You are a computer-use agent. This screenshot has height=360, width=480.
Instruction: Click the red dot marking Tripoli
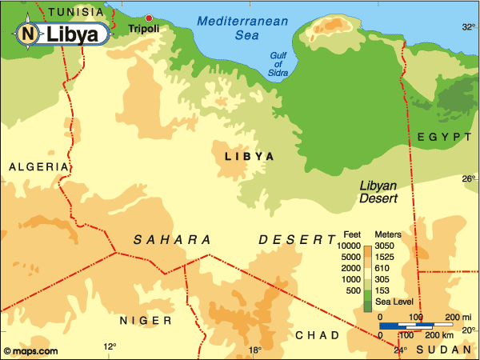pos(147,17)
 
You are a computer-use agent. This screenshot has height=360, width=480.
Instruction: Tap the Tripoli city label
pos(143,29)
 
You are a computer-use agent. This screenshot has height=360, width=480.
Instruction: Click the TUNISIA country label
pos(76,12)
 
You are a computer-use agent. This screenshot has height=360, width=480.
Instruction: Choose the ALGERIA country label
pos(38,166)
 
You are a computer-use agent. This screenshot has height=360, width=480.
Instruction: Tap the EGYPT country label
pos(445,138)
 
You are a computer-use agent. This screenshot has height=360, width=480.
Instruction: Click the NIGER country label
pos(146,320)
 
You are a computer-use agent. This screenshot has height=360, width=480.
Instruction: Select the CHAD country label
pos(318,334)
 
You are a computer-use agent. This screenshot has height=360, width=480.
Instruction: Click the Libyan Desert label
pos(380,190)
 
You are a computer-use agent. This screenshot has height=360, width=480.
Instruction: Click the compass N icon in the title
pos(28,34)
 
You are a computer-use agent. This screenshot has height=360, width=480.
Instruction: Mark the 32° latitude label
pos(469,26)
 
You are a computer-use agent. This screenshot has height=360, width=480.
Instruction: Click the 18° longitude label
pos(254,350)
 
